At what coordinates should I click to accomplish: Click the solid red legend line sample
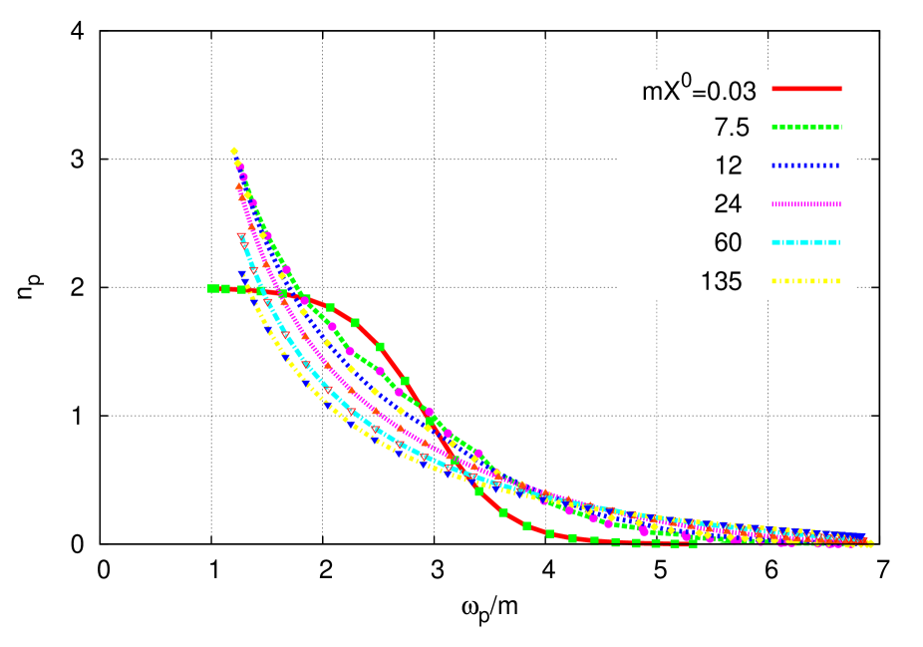pos(806,89)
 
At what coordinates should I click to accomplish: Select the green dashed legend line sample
pos(806,128)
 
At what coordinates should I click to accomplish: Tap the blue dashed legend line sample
pos(806,165)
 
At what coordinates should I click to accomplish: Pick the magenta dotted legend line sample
pos(806,204)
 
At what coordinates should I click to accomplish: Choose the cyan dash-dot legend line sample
pos(806,242)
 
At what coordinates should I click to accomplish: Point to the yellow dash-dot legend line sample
pos(806,281)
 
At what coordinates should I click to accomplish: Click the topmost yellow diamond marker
pos(234,152)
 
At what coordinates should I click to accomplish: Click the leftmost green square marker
pos(212,289)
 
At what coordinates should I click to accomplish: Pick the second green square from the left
pos(225,289)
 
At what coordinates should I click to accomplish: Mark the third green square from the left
pos(241,289)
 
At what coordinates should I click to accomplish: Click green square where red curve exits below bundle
pos(478,491)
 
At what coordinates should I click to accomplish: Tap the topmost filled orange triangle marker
pos(239,186)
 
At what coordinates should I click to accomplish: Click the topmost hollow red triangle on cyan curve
pos(242,237)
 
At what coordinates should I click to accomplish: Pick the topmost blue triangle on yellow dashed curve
pos(242,273)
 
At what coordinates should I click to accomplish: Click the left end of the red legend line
pos(772,89)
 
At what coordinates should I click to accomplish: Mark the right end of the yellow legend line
pos(840,281)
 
